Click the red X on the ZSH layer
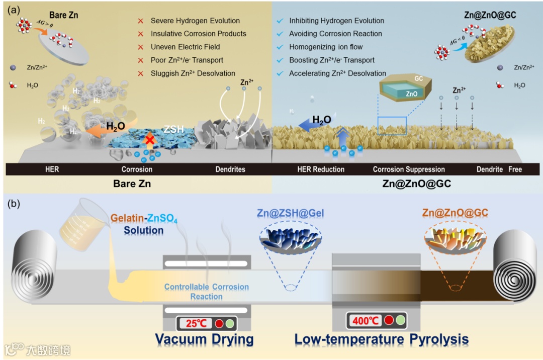tap(149, 139)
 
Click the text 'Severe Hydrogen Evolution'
tap(195, 21)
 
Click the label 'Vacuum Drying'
tap(204, 339)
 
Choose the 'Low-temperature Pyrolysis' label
tap(382, 339)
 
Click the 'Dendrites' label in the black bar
tap(230, 169)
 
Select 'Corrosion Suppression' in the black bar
tap(409, 169)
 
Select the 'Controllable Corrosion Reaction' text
tap(207, 292)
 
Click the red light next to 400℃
tap(389, 320)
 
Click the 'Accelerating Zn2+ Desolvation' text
tap(337, 73)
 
